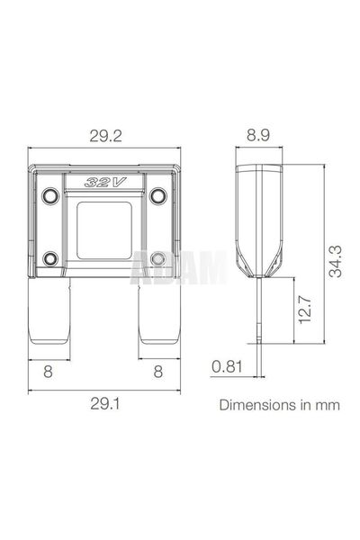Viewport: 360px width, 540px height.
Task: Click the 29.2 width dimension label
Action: pyautogui.click(x=106, y=136)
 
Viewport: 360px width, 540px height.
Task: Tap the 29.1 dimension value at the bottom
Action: pyautogui.click(x=105, y=403)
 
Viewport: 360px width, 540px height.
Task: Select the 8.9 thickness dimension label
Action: pyautogui.click(x=258, y=135)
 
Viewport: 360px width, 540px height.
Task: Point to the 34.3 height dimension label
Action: pyautogui.click(x=335, y=262)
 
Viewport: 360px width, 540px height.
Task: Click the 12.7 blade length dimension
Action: pyautogui.click(x=305, y=310)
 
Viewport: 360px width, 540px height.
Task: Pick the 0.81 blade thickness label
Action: pyautogui.click(x=227, y=366)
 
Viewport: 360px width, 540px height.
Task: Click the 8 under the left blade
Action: pyautogui.click(x=49, y=372)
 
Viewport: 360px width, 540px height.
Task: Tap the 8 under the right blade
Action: pyautogui.click(x=157, y=372)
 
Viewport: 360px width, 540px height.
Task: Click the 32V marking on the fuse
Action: pyautogui.click(x=105, y=182)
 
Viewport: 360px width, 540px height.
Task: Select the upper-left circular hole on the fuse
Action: pyautogui.click(x=50, y=195)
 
